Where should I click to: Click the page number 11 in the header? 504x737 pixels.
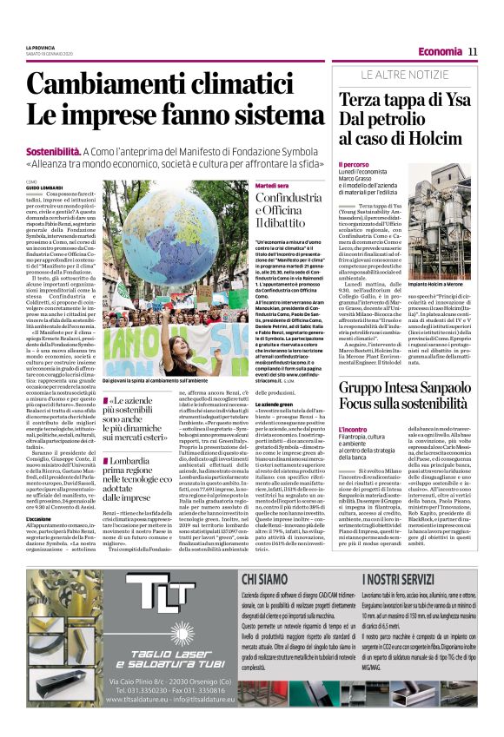[473, 51]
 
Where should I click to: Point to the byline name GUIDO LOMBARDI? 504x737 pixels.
[43, 188]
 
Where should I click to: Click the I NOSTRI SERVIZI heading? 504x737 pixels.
[398, 601]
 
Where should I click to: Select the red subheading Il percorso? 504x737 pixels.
[354, 163]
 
